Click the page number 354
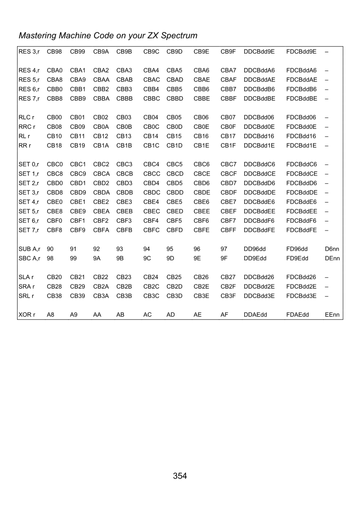click(180, 476)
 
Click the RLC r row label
click(26, 117)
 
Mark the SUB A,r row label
click(29, 248)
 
